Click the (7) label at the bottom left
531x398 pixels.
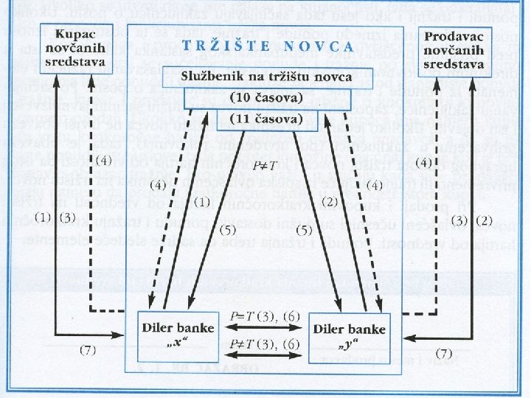[x=88, y=349]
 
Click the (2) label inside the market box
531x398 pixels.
[x=330, y=201]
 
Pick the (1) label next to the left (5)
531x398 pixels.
[x=201, y=201]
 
